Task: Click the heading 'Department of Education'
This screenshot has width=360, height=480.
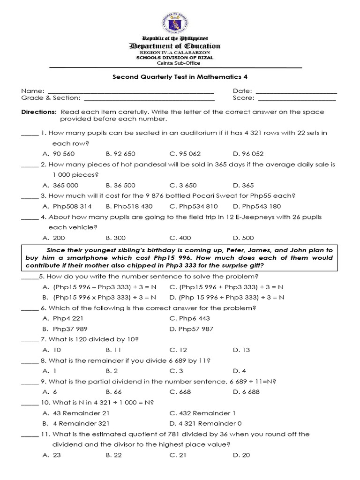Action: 174,46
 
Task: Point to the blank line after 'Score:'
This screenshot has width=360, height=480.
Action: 297,98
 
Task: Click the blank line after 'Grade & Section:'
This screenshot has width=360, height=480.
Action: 149,98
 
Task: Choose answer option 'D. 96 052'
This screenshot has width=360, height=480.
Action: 248,154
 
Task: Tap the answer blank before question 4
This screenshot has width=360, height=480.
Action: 30,217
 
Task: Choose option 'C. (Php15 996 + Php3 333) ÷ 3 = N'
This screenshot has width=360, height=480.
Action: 226,287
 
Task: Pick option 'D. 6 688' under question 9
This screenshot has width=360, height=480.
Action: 246,392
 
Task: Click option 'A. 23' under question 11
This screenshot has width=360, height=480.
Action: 52,455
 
